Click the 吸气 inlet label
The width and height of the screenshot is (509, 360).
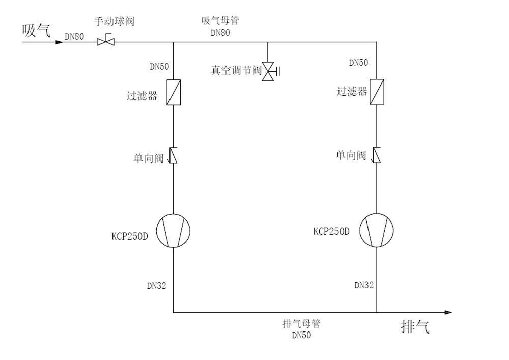36,31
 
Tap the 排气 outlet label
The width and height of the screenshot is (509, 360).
415,327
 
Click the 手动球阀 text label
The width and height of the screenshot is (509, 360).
114,22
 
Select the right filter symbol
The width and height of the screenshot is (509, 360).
377,92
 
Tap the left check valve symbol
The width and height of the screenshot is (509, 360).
174,155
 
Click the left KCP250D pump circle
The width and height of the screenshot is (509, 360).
173,231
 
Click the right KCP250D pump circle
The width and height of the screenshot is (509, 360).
377,230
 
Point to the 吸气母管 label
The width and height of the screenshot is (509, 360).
220,21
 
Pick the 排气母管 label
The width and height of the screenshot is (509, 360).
301,324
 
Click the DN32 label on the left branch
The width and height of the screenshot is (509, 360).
157,286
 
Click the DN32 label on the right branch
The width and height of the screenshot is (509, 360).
364,286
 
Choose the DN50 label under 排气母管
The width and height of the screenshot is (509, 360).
301,335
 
